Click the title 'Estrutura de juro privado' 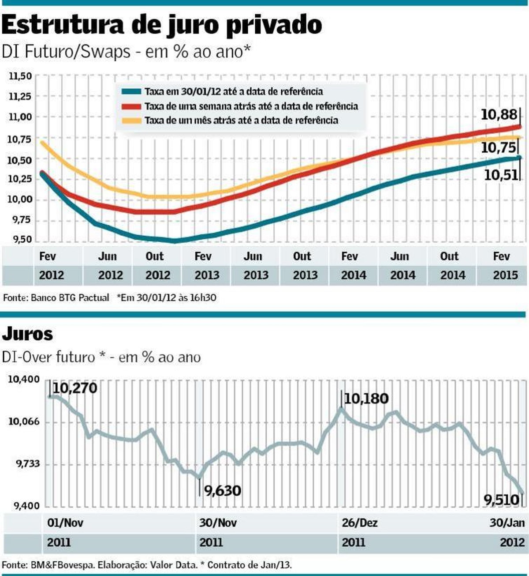pyautogui.click(x=161, y=25)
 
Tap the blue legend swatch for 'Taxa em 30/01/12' pyautogui.click(x=131, y=92)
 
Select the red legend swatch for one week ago pyautogui.click(x=131, y=106)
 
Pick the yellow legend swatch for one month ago pyautogui.click(x=131, y=120)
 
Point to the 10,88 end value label pyautogui.click(x=499, y=115)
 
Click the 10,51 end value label pyautogui.click(x=501, y=175)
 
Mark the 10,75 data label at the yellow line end pyautogui.click(x=498, y=147)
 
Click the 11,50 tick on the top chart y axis pyautogui.click(x=20, y=76)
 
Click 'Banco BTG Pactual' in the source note pyautogui.click(x=70, y=298)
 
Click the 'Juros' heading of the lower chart pyautogui.click(x=27, y=334)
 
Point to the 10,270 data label pyautogui.click(x=75, y=388)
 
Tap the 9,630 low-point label pyautogui.click(x=222, y=490)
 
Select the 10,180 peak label pyautogui.click(x=366, y=399)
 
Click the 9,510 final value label pyautogui.click(x=501, y=500)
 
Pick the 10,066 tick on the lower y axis pyautogui.click(x=24, y=422)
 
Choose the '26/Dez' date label pyautogui.click(x=359, y=523)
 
